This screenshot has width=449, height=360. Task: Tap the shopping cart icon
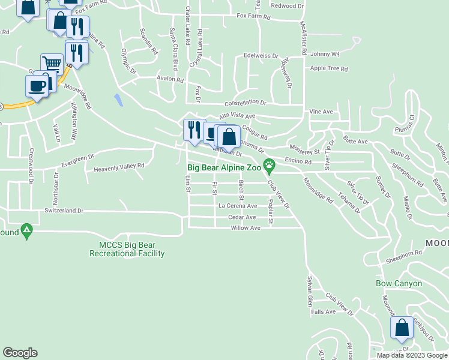click(x=52, y=64)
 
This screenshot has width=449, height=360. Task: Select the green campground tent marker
click(x=26, y=230)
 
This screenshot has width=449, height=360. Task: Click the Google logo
click(x=20, y=353)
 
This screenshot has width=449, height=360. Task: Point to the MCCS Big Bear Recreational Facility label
click(x=127, y=249)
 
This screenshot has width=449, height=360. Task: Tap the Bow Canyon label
click(x=399, y=283)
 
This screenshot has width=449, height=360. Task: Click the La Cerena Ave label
click(x=238, y=205)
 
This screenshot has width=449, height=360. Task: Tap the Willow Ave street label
click(x=246, y=228)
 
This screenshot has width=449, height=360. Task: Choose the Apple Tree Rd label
click(x=329, y=68)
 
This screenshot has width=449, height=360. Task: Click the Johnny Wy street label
click(x=325, y=53)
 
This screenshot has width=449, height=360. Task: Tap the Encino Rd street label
click(x=298, y=162)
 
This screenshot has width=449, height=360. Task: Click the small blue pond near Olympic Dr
click(x=118, y=100)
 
